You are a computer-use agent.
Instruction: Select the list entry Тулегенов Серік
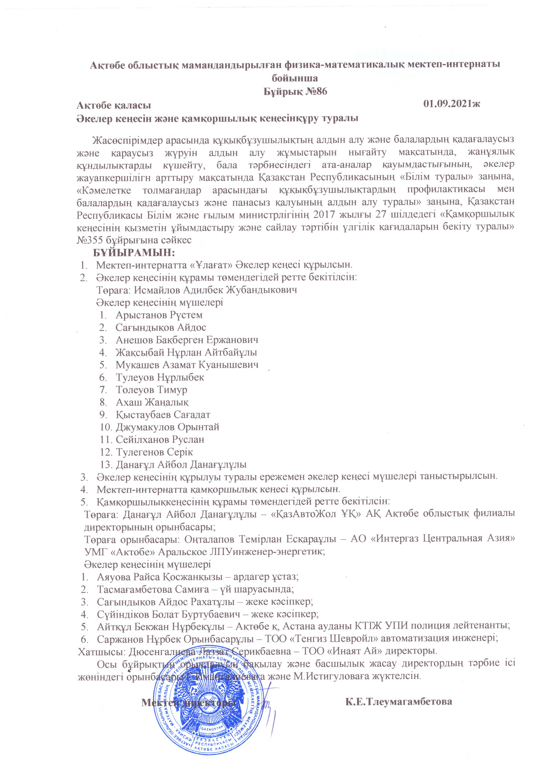(154, 452)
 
